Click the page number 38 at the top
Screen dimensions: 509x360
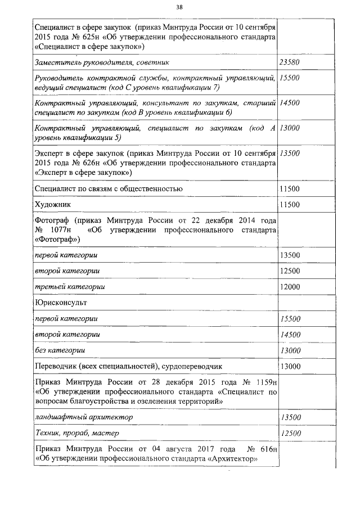pyautogui.click(x=179, y=7)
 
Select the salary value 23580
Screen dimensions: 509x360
pyautogui.click(x=290, y=62)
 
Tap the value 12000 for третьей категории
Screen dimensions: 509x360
pyautogui.click(x=290, y=287)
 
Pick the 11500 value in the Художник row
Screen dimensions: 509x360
pyautogui.click(x=290, y=204)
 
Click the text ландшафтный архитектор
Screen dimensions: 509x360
pyautogui.click(x=84, y=417)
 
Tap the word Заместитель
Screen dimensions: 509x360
pyautogui.click(x=57, y=62)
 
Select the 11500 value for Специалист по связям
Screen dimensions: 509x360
pyautogui.click(x=290, y=188)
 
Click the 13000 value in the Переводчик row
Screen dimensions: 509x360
pyautogui.click(x=290, y=367)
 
